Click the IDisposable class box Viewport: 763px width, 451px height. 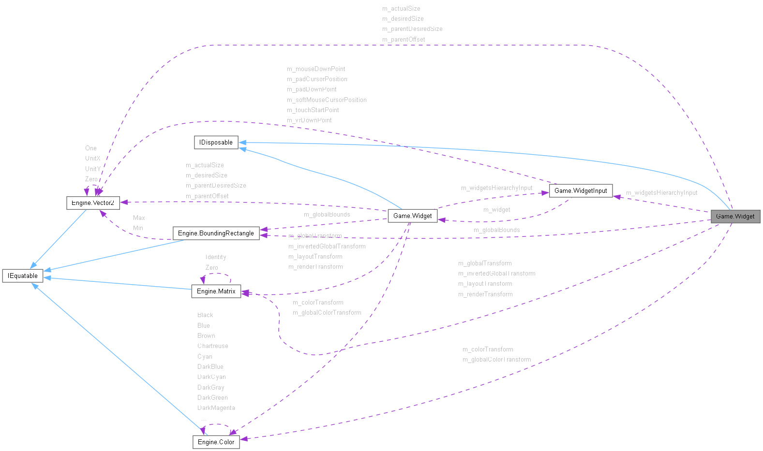(x=216, y=142)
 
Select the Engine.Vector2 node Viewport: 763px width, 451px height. (x=92, y=203)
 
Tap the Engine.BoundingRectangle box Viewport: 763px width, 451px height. (x=216, y=233)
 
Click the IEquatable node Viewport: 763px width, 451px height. (x=23, y=276)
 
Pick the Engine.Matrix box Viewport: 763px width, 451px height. (x=216, y=291)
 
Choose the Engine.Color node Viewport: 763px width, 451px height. (x=216, y=442)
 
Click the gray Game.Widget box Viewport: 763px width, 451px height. (x=735, y=216)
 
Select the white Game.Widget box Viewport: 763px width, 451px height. (x=412, y=216)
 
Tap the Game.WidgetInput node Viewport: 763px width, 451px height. (x=580, y=190)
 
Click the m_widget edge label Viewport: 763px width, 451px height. (x=496, y=210)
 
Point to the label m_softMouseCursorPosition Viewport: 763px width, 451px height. (x=327, y=100)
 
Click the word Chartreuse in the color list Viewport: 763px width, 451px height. (x=212, y=346)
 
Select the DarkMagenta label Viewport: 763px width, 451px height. (x=216, y=408)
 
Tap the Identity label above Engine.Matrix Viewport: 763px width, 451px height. (x=215, y=257)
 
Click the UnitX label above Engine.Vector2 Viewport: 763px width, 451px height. (x=92, y=159)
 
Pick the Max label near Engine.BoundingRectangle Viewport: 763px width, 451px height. (x=139, y=218)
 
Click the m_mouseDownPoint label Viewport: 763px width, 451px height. (x=316, y=69)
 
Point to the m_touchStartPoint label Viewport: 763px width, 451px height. (x=313, y=110)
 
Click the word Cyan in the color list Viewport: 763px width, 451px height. (x=205, y=356)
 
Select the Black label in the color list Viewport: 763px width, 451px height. (x=205, y=315)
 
